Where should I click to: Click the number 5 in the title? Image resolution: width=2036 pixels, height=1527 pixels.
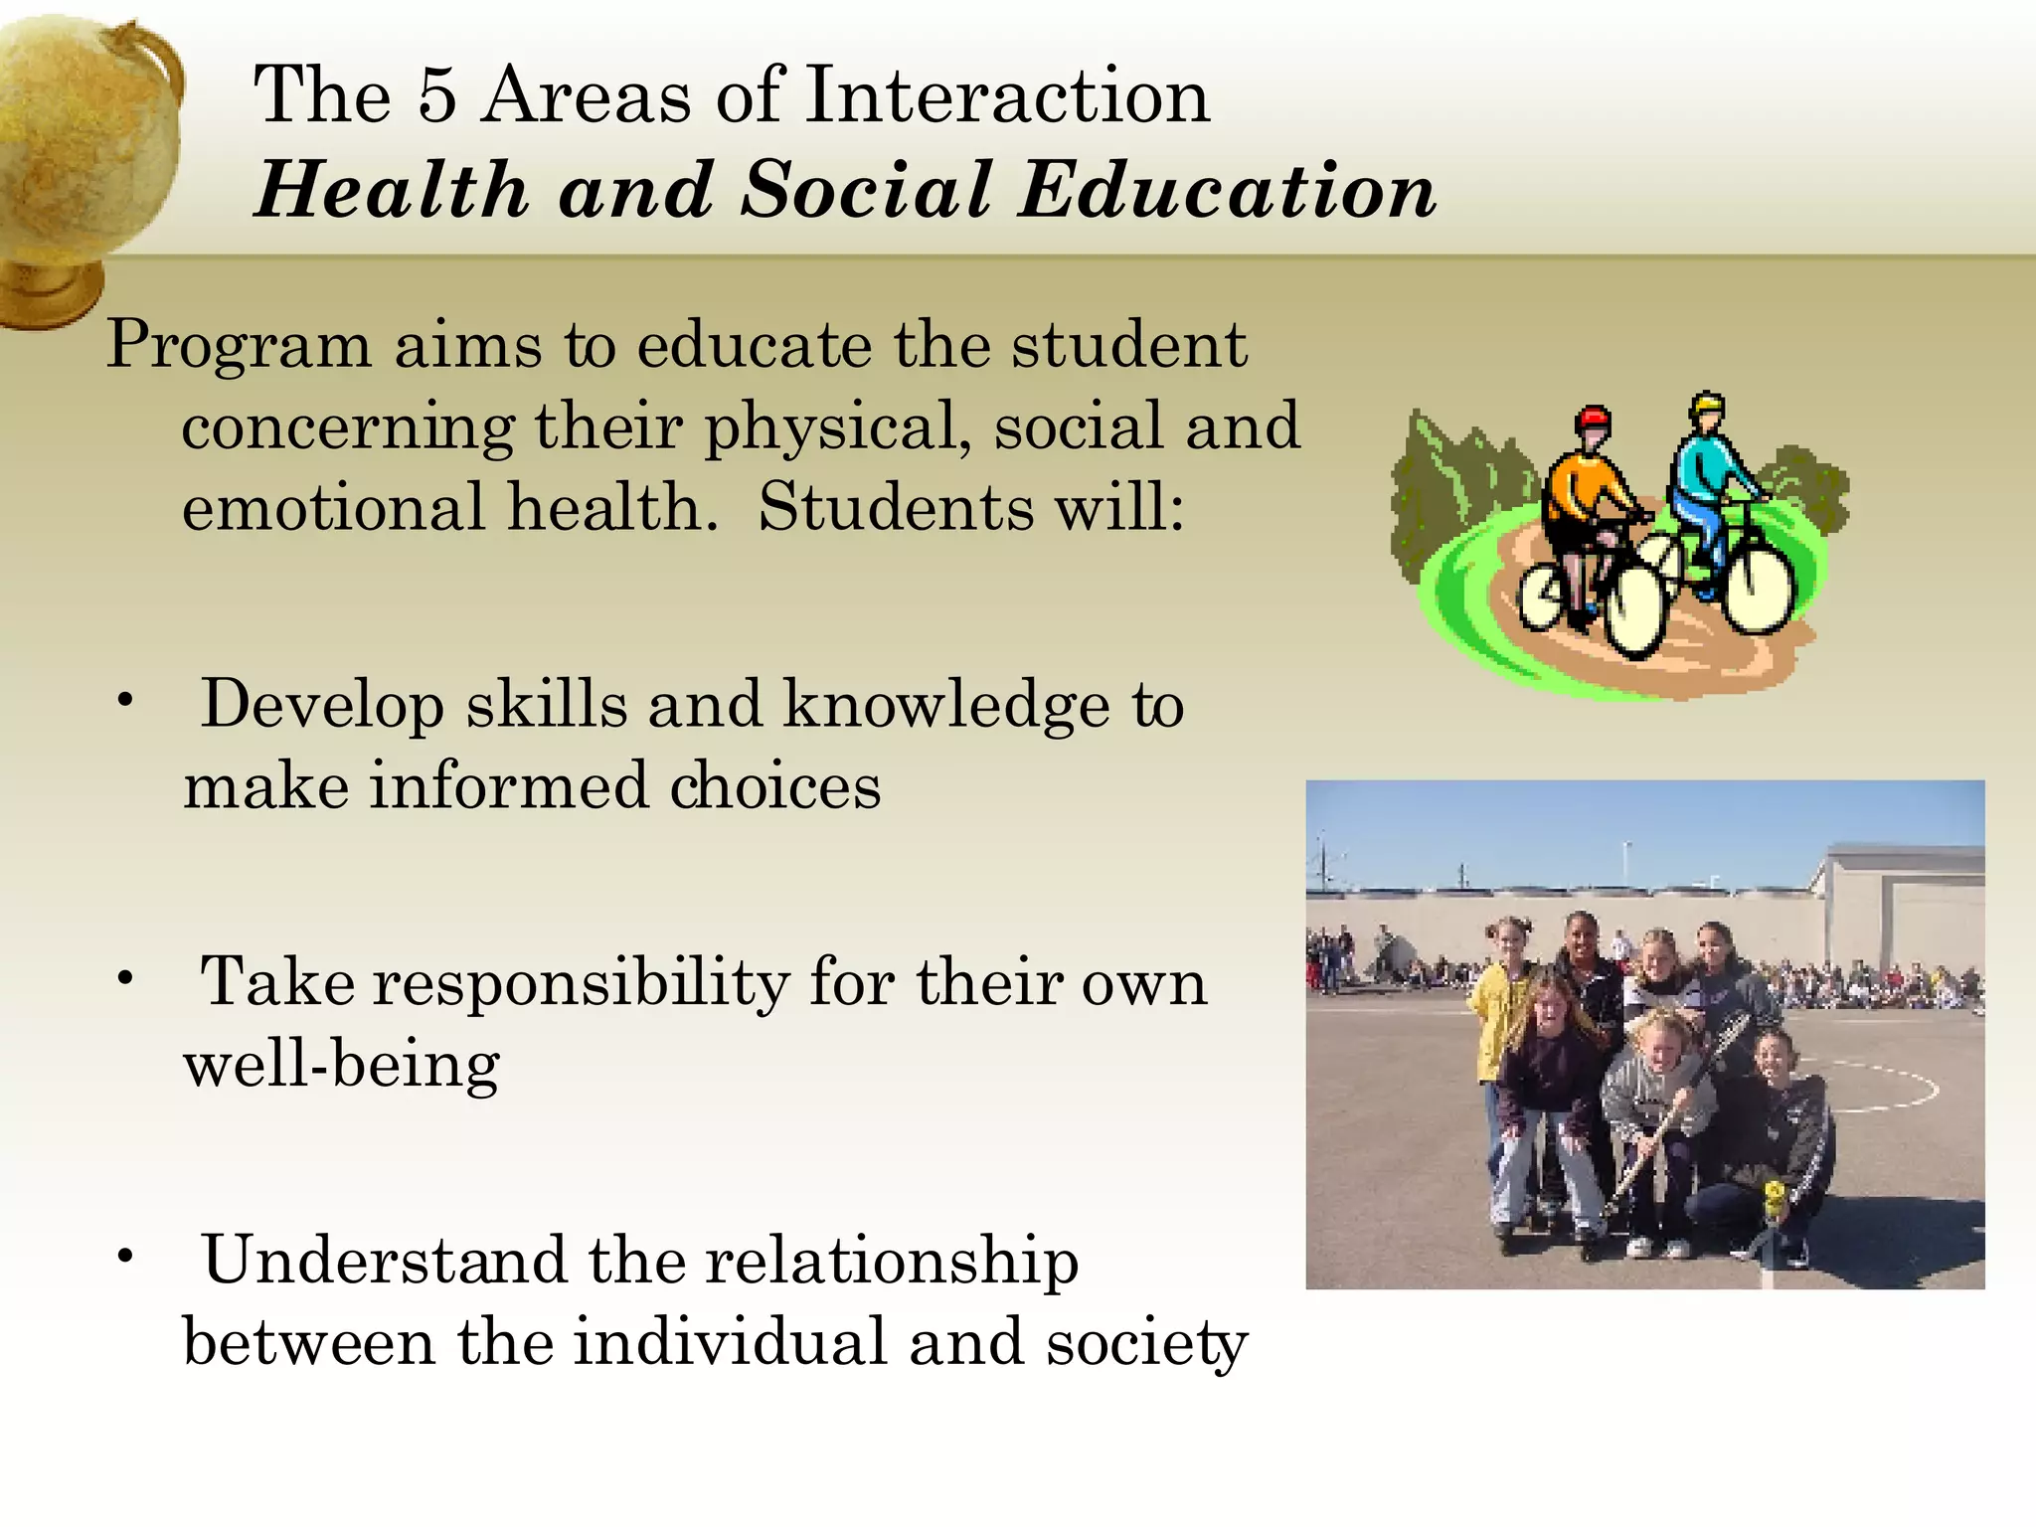coord(435,95)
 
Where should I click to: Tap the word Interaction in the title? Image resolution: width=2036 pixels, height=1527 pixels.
coord(1007,95)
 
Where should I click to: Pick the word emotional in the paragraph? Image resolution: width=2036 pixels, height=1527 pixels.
coord(334,507)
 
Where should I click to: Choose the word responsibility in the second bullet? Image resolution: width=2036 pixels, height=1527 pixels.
coord(582,984)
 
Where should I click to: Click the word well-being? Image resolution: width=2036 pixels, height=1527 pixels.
coord(341,1066)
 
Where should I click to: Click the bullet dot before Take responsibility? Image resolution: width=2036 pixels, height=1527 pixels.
coord(124,979)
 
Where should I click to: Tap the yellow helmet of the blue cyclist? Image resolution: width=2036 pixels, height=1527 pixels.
coord(1707,405)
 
